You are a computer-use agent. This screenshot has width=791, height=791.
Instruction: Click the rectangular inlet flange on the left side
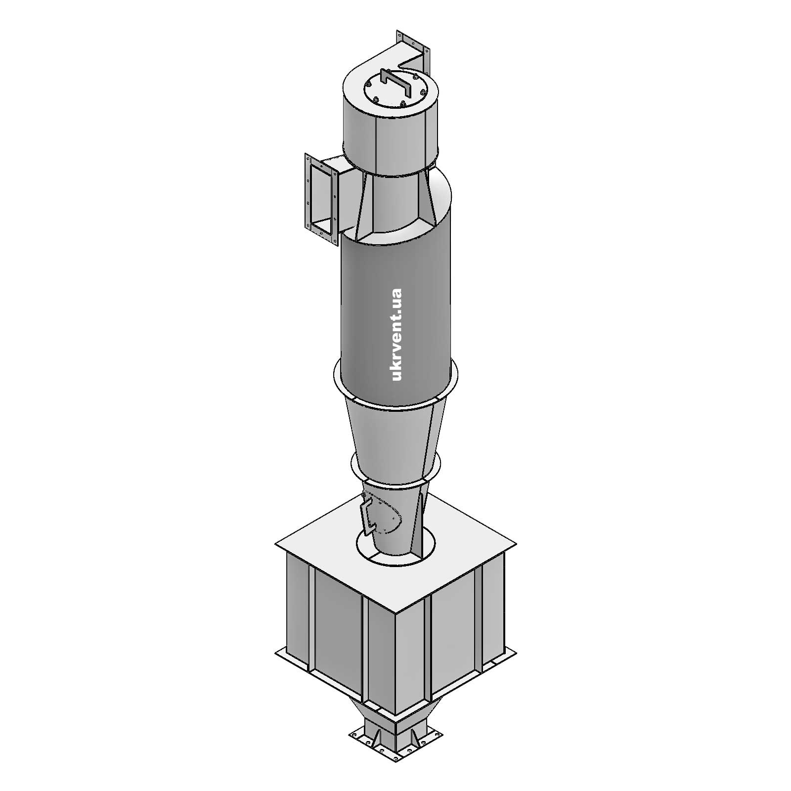309,193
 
